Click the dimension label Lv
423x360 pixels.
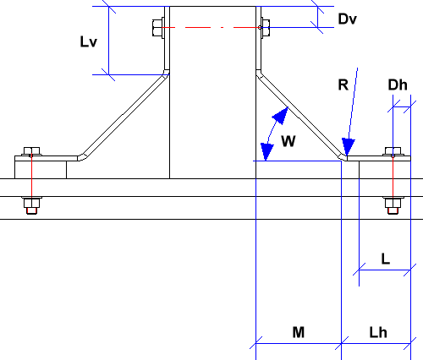tap(89, 41)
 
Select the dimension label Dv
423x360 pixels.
tap(347, 19)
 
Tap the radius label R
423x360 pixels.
tap(343, 85)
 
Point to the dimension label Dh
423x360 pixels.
tap(398, 85)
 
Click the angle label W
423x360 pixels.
tap(288, 141)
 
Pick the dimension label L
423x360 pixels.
tap(386, 259)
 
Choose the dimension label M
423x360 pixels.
tap(299, 332)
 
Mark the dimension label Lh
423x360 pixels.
tap(378, 332)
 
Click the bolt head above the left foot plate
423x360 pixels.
tap(31, 151)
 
